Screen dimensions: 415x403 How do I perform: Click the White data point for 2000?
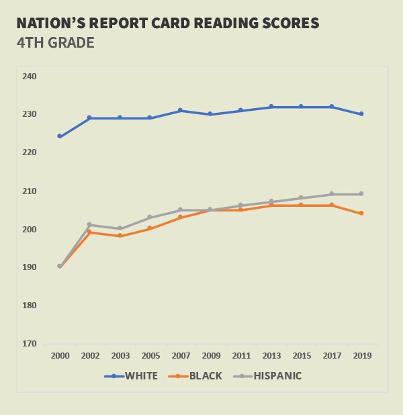[60, 136]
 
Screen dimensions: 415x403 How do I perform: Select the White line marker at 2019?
[361, 114]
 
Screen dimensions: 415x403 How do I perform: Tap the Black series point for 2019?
[361, 214]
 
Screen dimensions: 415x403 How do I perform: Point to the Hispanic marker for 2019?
[361, 194]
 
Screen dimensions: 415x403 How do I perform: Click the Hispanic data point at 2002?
[90, 225]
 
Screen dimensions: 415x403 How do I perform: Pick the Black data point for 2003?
[120, 236]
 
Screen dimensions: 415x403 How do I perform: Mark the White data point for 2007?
[180, 110]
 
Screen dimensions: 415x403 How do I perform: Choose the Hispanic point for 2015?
[301, 198]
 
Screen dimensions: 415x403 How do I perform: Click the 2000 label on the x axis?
[60, 355]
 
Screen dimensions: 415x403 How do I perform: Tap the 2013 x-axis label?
[271, 355]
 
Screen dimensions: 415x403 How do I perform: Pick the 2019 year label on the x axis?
[361, 355]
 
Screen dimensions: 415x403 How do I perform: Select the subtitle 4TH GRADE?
[55, 43]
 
